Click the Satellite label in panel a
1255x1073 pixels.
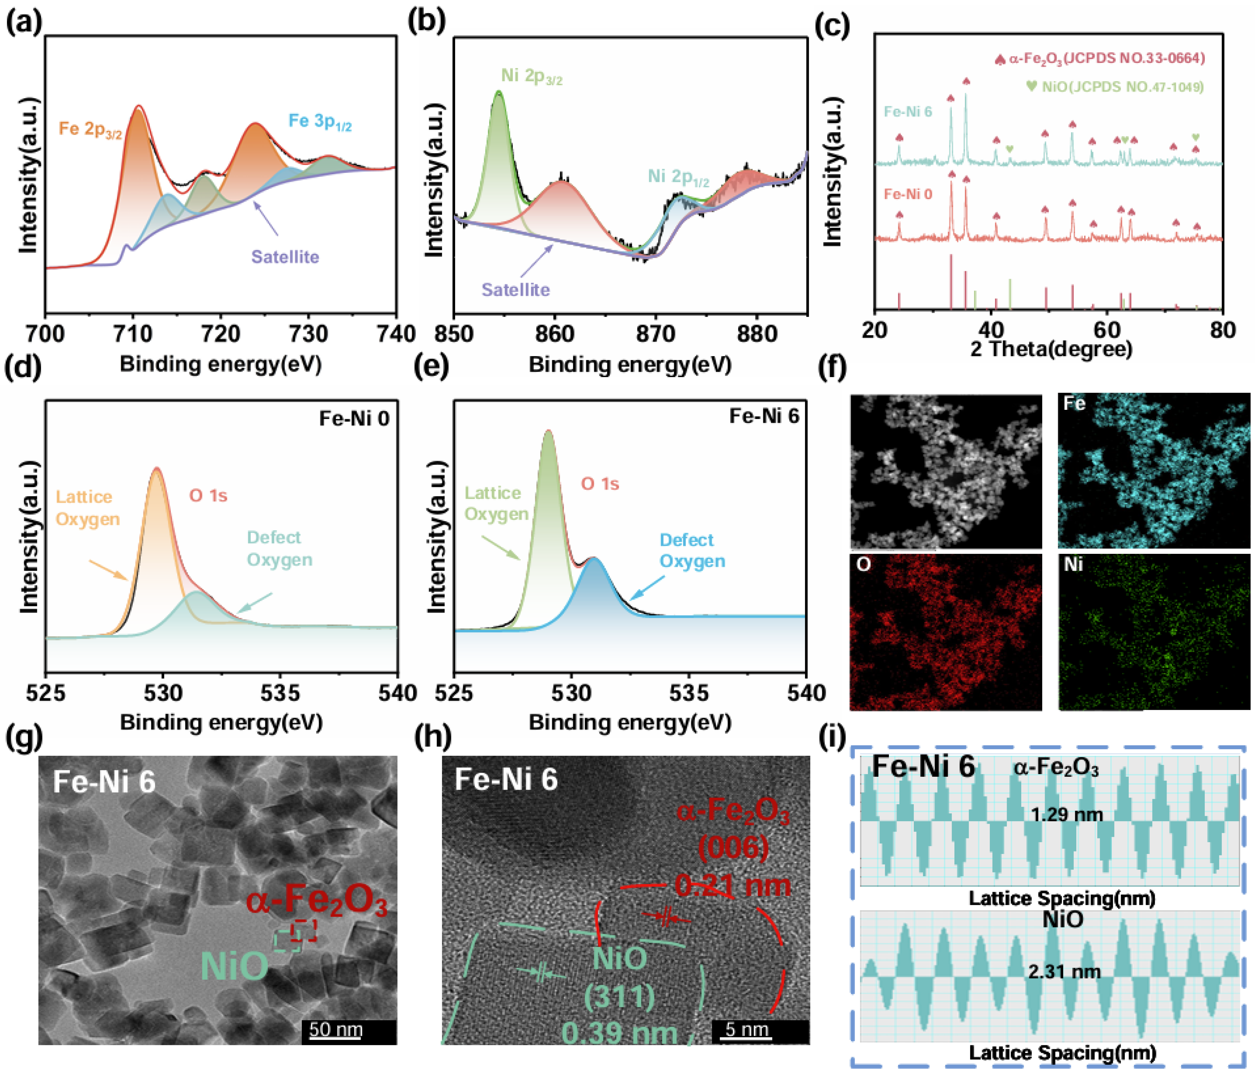click(285, 257)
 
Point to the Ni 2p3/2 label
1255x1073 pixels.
click(531, 76)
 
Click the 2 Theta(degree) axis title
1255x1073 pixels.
click(1051, 349)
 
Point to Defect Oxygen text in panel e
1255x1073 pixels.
click(692, 550)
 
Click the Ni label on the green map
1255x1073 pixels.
click(1073, 564)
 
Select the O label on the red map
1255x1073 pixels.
click(863, 564)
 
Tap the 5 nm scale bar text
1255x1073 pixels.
click(747, 1029)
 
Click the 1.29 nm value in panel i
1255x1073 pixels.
click(1066, 814)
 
